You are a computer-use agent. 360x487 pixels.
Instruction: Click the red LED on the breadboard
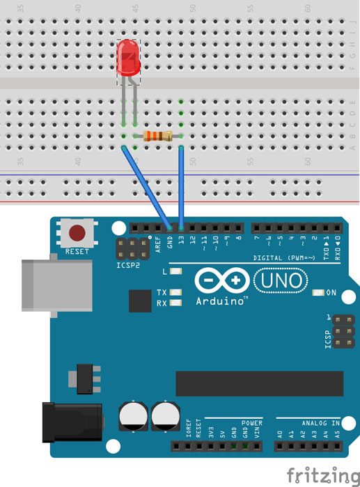coord(129,58)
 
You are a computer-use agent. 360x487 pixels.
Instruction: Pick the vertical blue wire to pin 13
coord(181,188)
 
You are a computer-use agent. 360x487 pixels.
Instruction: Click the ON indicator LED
coord(320,292)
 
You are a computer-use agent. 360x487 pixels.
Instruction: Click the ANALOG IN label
coord(321,422)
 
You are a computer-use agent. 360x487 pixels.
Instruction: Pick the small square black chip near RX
coord(140,301)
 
